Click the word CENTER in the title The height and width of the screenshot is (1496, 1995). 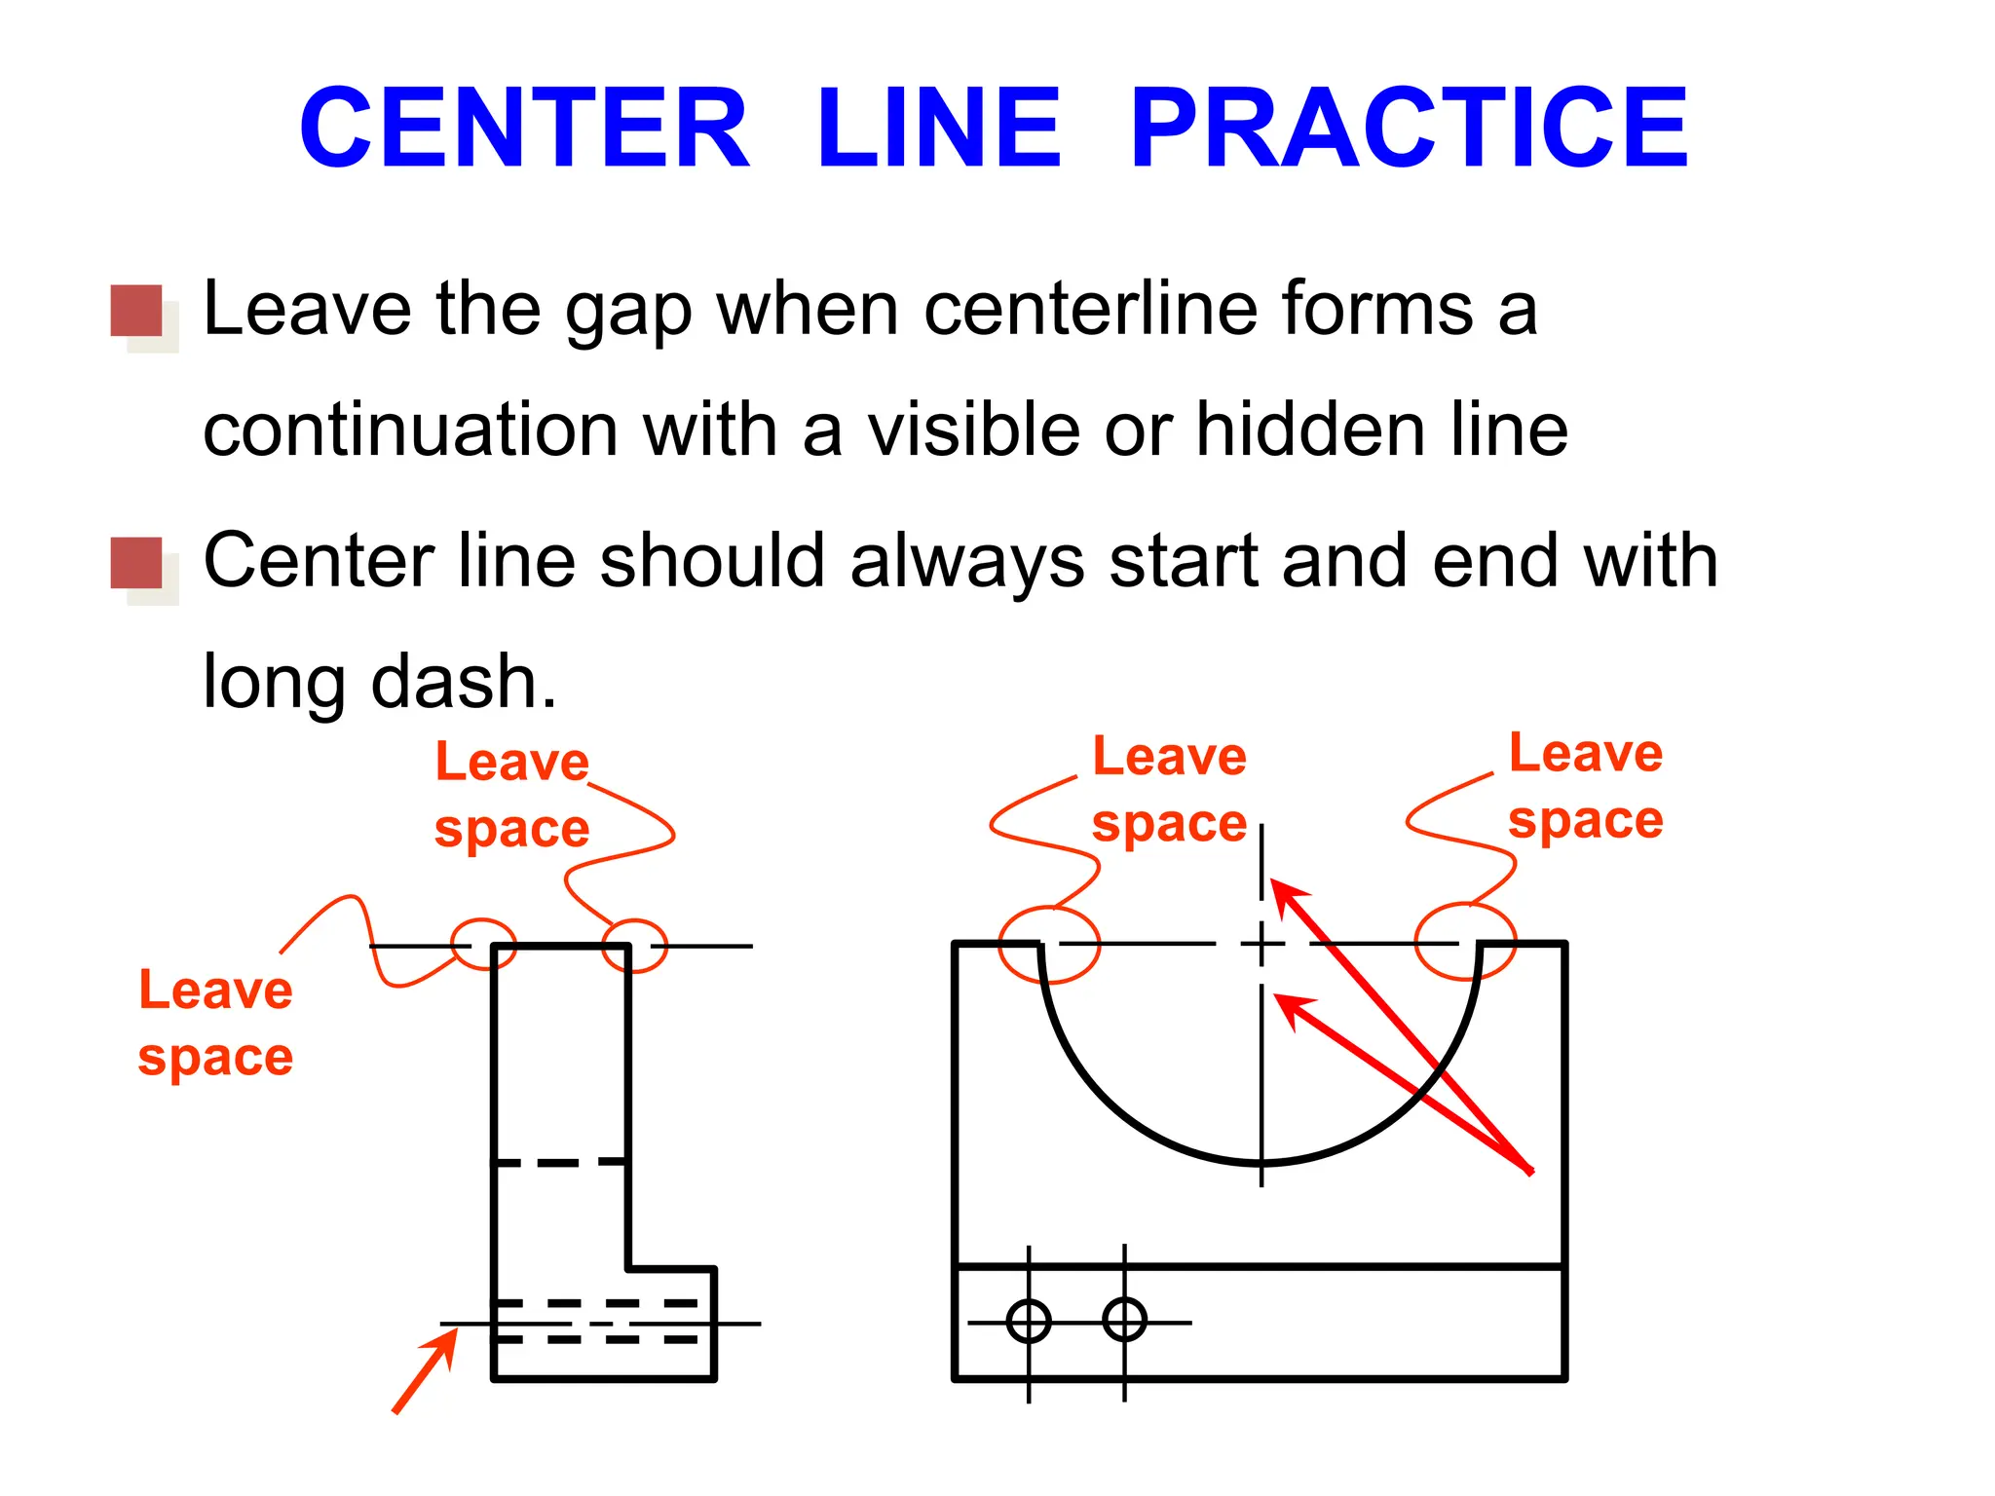[x=524, y=128]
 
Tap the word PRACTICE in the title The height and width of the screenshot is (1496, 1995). [x=1409, y=128]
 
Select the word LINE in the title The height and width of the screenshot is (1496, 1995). [x=939, y=128]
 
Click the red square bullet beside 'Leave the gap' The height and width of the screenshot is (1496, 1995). [x=136, y=311]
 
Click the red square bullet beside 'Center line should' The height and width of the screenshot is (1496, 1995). [x=136, y=563]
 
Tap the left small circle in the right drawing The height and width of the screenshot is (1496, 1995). [x=1029, y=1322]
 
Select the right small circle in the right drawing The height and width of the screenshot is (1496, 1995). [x=1124, y=1321]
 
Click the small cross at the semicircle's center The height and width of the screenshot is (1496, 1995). [x=1261, y=943]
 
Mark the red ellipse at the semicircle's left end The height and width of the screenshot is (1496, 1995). [x=1049, y=944]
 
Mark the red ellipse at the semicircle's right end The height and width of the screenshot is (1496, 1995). [x=1465, y=941]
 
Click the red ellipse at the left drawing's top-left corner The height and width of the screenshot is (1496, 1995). [x=483, y=944]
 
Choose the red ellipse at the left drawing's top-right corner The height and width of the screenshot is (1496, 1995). [x=634, y=946]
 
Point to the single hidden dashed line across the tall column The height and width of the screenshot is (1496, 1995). [x=560, y=1162]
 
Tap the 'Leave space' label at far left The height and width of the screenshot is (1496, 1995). [x=215, y=1023]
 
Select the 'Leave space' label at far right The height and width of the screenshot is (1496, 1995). [x=1585, y=786]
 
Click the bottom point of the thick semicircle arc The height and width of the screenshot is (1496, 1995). [x=1261, y=1163]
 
